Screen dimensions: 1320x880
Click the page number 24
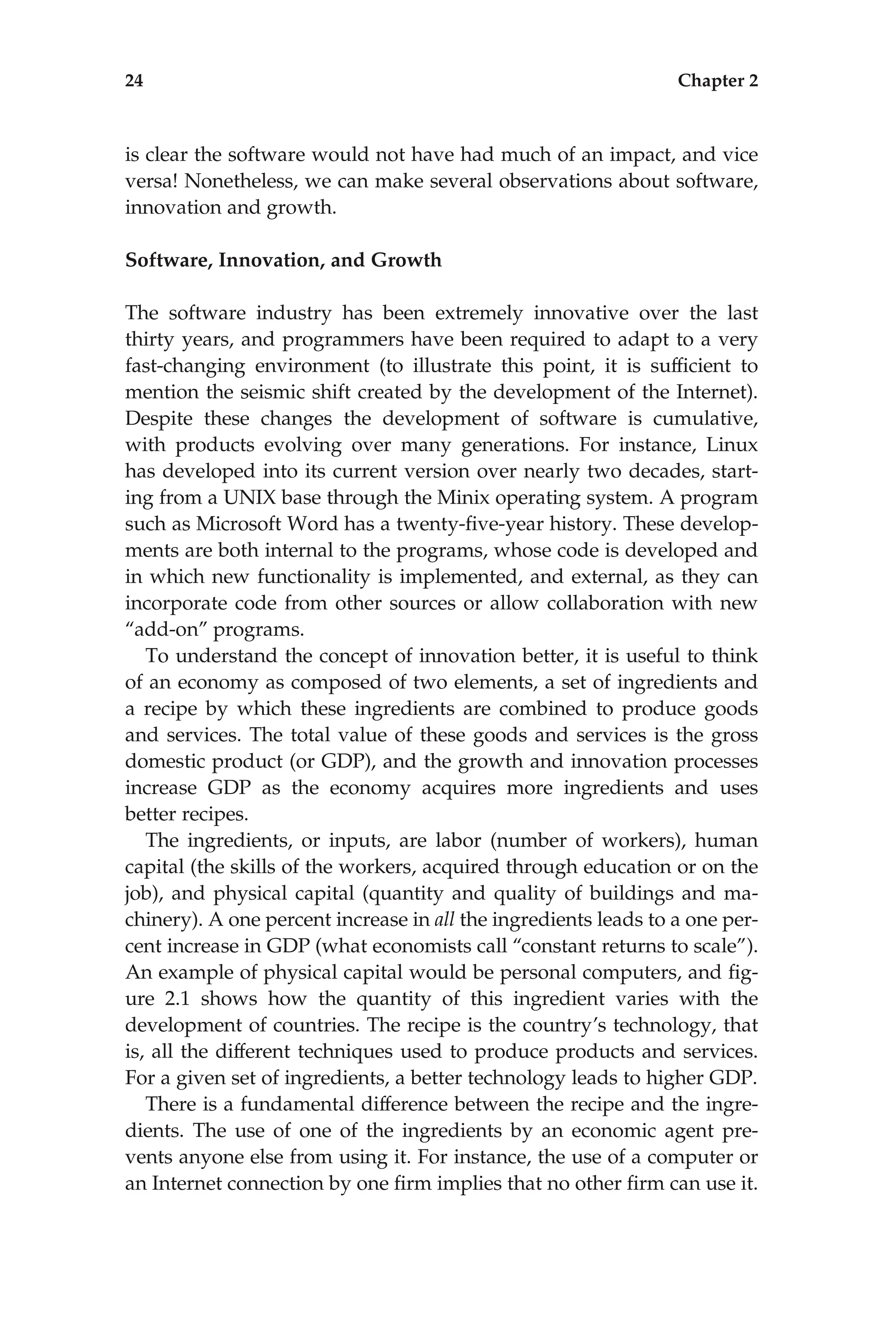tap(134, 81)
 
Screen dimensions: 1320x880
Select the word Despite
tap(159, 419)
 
